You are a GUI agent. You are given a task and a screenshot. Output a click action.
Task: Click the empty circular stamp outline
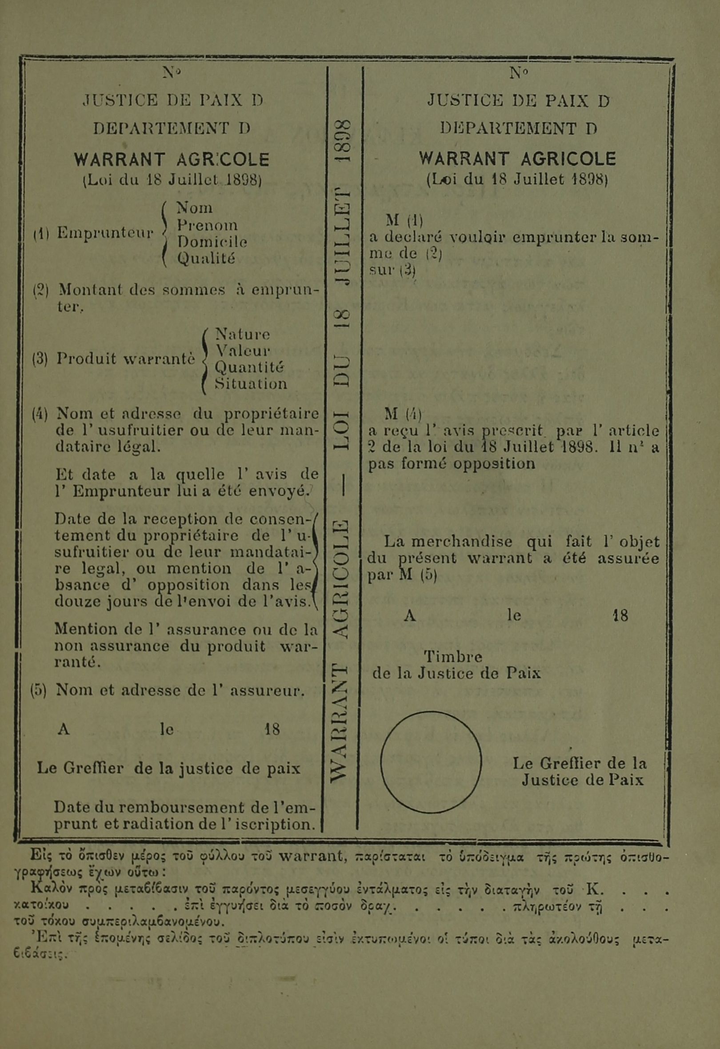pos(431,762)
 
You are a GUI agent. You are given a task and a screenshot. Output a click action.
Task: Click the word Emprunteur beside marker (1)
pos(105,233)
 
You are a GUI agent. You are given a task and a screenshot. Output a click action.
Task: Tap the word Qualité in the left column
pos(206,259)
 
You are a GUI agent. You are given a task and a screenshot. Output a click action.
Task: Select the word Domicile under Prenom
pos(212,242)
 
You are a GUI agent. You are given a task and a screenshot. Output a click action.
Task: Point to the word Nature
pos(242,335)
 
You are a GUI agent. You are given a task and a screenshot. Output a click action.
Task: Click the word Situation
pos(251,384)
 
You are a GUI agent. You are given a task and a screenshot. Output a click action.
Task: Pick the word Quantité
pos(249,367)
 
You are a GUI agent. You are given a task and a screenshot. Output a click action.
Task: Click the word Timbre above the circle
pos(453,656)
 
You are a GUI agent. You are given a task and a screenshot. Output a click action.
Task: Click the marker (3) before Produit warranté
pos(40,359)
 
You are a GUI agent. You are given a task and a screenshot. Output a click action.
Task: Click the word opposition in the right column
pos(494,464)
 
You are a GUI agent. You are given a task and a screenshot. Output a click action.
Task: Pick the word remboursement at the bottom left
pos(186,807)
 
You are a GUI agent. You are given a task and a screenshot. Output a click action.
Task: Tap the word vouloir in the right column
pos(480,237)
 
